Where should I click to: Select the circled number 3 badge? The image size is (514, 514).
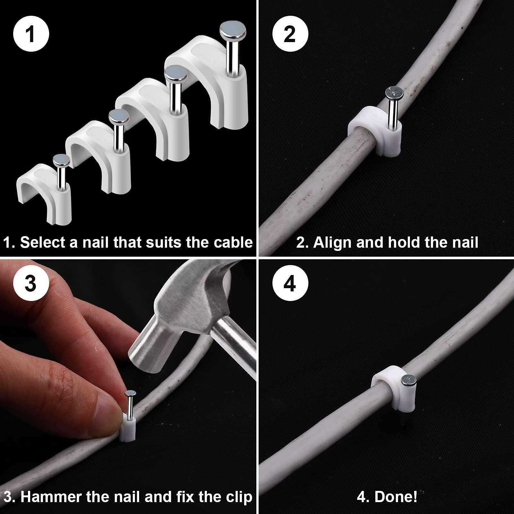pos(31,283)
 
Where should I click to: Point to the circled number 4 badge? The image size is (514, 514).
pos(290,283)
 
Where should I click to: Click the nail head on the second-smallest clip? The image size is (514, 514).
pos(119,116)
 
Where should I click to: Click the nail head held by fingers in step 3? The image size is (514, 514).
pos(130,393)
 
